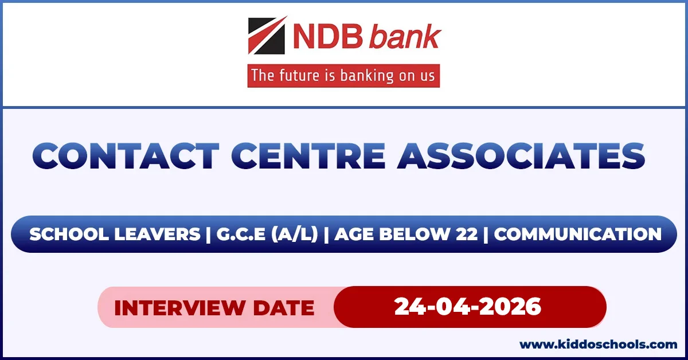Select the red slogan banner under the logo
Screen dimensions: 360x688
coord(343,76)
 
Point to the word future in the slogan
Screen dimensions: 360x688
coord(302,75)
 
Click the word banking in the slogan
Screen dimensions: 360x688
coord(367,76)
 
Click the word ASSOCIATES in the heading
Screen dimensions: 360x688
coord(521,156)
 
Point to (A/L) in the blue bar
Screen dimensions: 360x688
coord(295,234)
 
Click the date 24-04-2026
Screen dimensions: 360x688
coord(468,307)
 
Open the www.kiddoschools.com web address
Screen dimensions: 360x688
coord(598,345)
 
